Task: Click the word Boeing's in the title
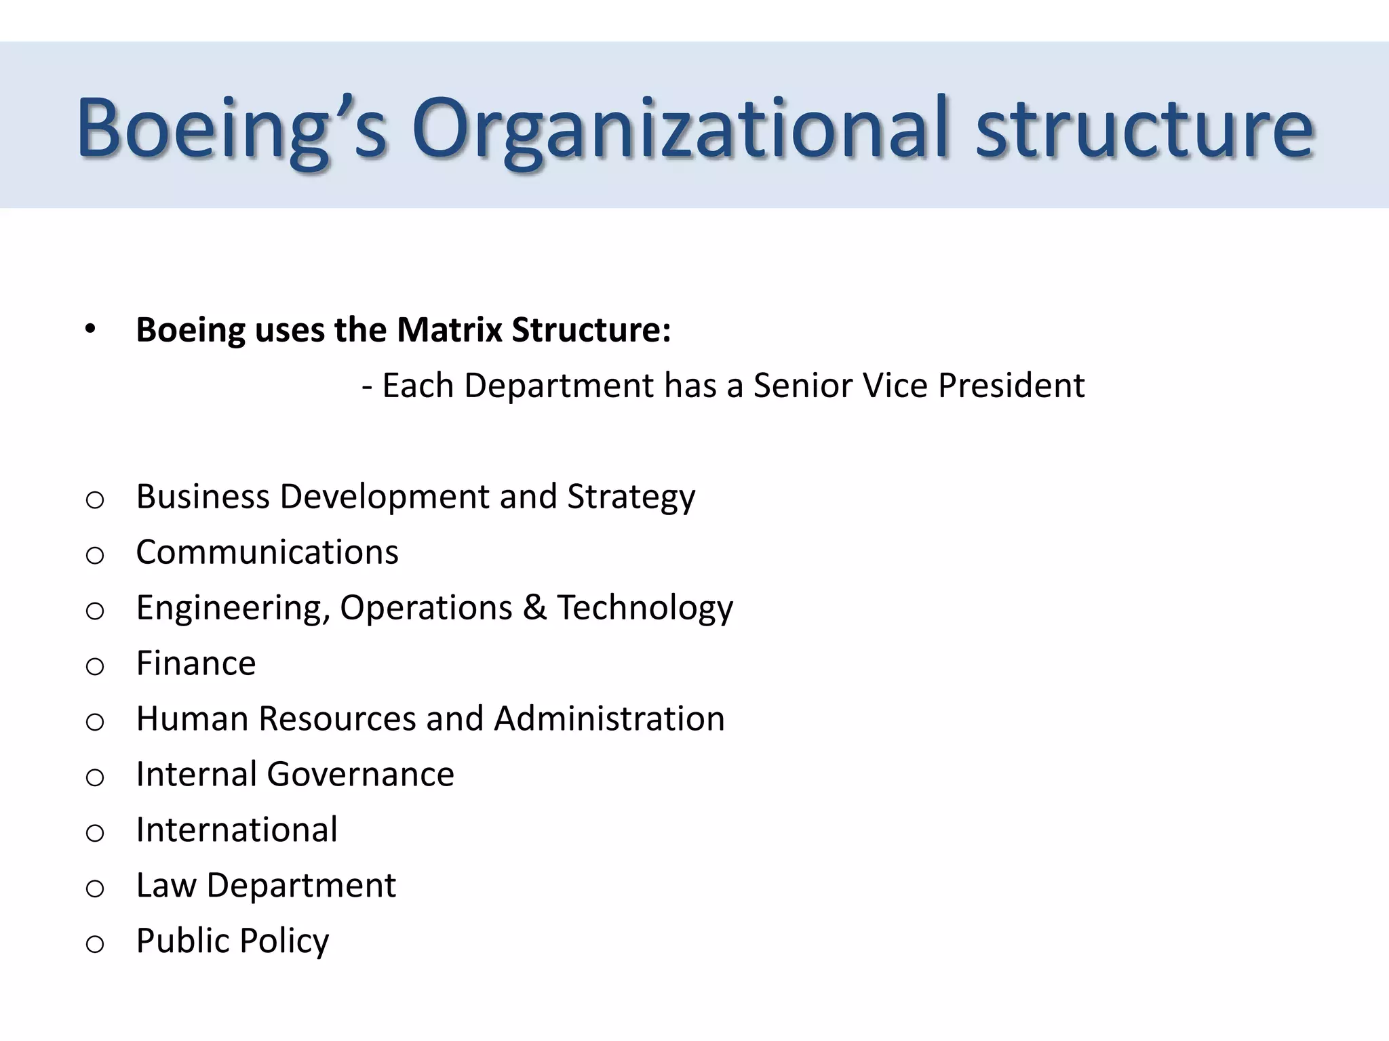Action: click(231, 129)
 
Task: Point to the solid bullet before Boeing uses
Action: click(90, 330)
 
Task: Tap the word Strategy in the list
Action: click(631, 497)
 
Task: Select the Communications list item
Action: click(267, 552)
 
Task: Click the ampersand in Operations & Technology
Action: click(534, 608)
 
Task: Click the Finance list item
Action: click(196, 664)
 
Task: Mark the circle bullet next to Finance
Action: click(95, 667)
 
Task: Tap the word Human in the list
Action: click(192, 719)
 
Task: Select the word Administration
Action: click(609, 719)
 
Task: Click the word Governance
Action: click(360, 775)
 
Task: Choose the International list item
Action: click(237, 830)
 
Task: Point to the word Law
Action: click(165, 886)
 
